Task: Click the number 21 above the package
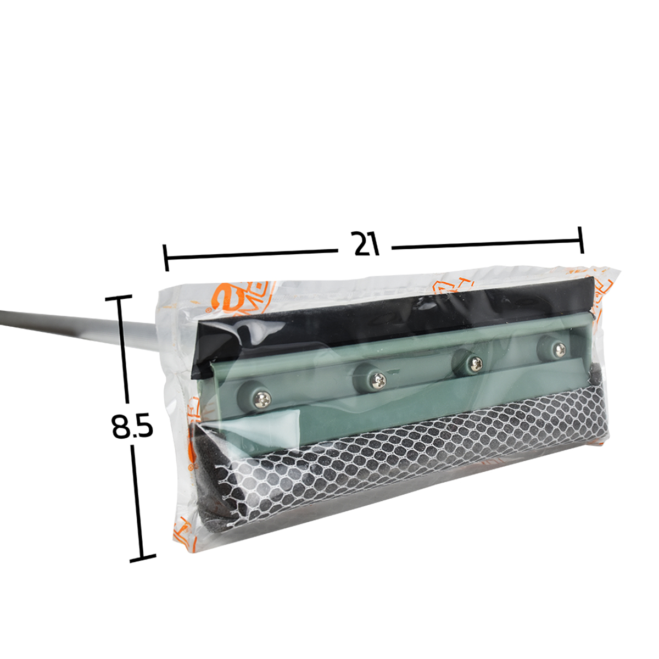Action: click(367, 244)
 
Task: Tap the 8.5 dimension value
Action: click(132, 426)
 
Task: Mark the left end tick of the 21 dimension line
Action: click(166, 258)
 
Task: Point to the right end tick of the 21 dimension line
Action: click(581, 239)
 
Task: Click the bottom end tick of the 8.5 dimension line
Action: click(142, 559)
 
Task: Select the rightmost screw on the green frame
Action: click(559, 348)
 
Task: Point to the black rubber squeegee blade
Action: click(384, 313)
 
